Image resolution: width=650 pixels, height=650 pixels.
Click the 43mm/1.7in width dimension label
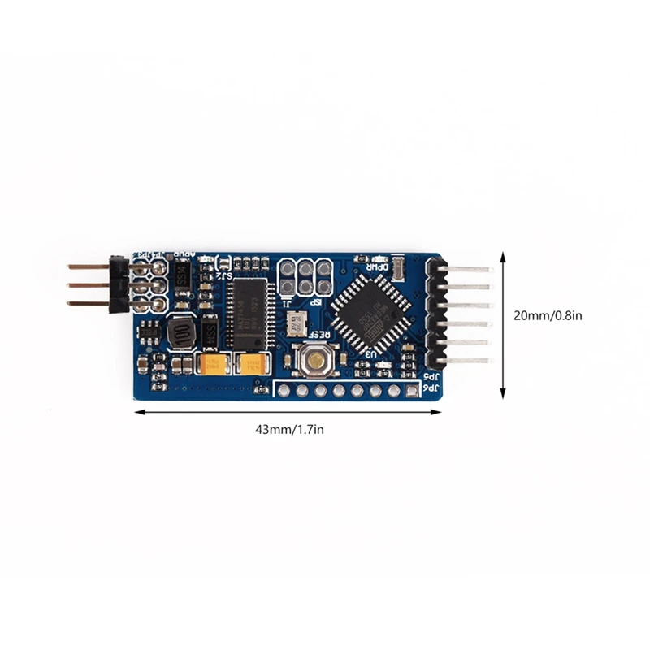288,430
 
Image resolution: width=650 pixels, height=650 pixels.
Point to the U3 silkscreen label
370,353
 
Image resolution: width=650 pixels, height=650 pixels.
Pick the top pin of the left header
88,266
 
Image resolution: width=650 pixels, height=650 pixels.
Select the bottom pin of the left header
88,303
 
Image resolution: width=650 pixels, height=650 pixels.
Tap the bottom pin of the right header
468,360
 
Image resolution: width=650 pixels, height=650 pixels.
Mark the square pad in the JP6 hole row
413,392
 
